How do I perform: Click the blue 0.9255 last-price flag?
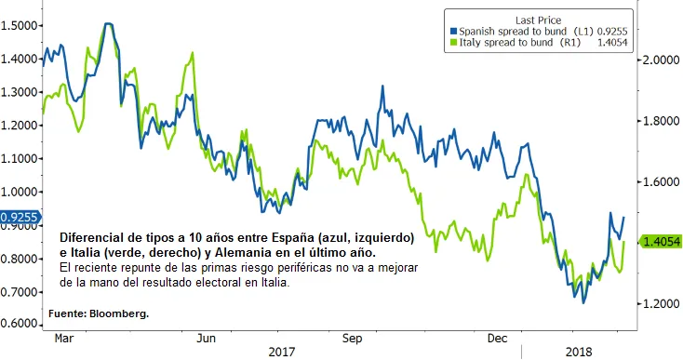[x=20, y=218]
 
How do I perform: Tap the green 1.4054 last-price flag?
[x=661, y=241]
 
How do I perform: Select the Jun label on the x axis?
[x=206, y=339]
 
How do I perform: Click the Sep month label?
[x=352, y=339]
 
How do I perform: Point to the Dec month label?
[x=498, y=339]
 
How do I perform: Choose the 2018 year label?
[x=579, y=352]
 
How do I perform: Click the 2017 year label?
[x=281, y=352]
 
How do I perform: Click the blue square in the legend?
[x=453, y=32]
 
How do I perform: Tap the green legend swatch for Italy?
[x=453, y=43]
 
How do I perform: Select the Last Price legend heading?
[x=539, y=20]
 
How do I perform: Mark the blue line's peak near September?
[x=382, y=87]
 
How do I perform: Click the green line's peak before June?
[x=192, y=53]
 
